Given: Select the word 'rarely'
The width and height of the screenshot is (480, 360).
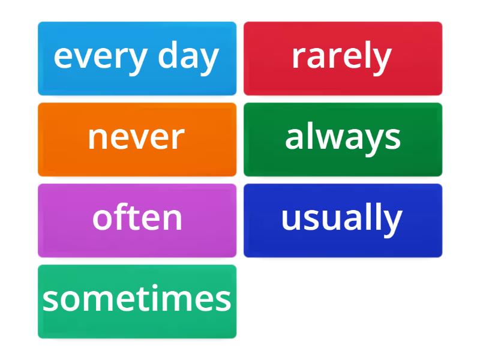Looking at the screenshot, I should (341, 57).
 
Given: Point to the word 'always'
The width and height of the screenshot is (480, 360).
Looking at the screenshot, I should (343, 138).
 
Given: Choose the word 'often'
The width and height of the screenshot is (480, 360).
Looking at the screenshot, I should (137, 218).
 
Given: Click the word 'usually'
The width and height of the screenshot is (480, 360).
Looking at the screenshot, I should (341, 219).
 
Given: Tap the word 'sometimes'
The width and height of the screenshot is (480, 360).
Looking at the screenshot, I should (137, 299).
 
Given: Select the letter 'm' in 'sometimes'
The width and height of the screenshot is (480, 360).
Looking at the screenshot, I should (100, 301).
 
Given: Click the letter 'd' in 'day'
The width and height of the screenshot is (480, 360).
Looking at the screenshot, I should (169, 57).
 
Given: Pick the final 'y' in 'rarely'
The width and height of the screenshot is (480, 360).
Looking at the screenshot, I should (383, 59).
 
